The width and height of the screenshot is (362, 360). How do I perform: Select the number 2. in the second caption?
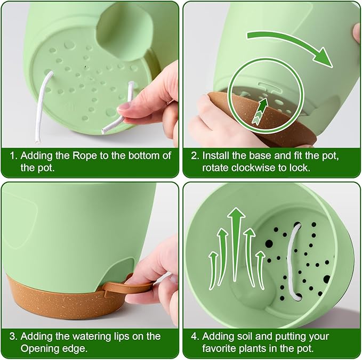coord(195,156)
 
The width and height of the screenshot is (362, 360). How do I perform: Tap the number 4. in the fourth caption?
coord(195,337)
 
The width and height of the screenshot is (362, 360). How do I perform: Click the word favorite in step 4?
coord(220,349)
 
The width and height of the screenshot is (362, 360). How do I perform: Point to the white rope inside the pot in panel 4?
coord(293,261)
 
